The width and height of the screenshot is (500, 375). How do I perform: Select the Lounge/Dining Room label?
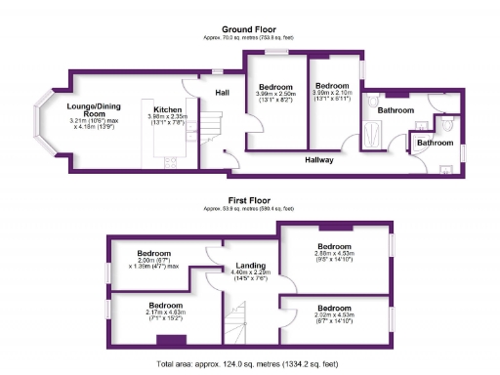point(93,109)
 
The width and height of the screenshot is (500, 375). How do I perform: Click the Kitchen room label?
point(162,109)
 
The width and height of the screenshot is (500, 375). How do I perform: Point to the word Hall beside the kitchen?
point(222,93)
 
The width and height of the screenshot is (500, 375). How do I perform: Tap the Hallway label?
point(318,159)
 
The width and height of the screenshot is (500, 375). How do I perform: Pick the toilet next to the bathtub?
point(373,100)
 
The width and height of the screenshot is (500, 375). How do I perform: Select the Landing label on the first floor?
point(253,263)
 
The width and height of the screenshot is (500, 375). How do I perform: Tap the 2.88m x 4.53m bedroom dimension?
point(335,256)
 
